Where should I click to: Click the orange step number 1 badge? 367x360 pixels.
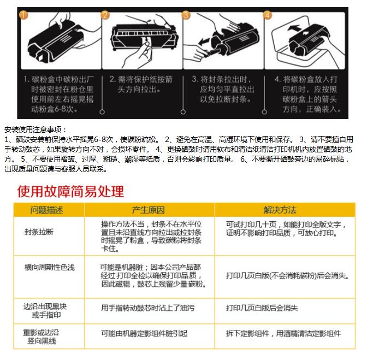coord(23,15)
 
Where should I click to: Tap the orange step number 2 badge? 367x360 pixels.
coord(105,15)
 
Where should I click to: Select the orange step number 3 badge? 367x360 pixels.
coord(186,15)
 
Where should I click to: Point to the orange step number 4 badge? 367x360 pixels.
coord(267,15)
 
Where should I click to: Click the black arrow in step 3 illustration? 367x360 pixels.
coord(204,42)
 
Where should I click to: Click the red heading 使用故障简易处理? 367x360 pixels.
coord(70,191)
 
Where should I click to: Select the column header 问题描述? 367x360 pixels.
coord(46,210)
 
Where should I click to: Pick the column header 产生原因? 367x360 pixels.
coord(148,210)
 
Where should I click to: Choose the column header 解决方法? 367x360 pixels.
coord(280,210)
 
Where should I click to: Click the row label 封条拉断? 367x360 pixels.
coord(39,232)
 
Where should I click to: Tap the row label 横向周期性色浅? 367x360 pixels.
coord(50,267)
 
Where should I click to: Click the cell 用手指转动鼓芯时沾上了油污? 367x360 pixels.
coord(147,308)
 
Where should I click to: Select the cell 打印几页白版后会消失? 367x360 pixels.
coord(262,308)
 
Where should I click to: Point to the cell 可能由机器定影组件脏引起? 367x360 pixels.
coord(144,333)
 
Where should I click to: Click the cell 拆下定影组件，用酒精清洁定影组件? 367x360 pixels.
coord(283,333)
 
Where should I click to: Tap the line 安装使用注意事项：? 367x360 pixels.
coord(35,129)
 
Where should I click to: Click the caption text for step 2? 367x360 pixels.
coord(141,84)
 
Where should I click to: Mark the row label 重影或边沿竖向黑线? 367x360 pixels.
coord(41,337)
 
